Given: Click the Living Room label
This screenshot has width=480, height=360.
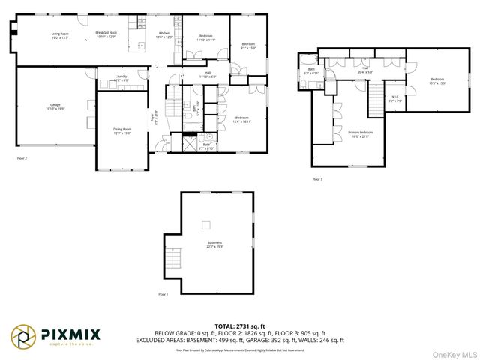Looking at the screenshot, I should click(x=60, y=35).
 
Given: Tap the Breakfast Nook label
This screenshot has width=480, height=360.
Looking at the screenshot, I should click(x=106, y=34).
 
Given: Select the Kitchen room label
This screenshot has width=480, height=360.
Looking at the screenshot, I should click(x=164, y=35).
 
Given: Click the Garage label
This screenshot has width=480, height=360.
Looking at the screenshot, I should click(x=55, y=106).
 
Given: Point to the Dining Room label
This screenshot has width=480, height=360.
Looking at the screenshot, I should click(x=122, y=130).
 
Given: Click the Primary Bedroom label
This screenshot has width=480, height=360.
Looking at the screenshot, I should click(x=361, y=133).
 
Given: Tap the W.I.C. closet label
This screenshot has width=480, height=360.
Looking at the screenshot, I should click(x=395, y=98).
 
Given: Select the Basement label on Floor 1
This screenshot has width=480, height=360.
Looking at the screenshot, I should click(x=215, y=244).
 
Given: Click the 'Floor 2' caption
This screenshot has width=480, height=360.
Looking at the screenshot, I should click(x=22, y=159).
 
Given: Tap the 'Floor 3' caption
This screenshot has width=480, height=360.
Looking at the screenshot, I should click(x=317, y=179).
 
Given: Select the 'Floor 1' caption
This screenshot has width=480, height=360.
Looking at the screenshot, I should click(x=163, y=295).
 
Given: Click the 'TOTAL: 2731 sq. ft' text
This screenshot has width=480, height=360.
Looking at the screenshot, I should click(x=239, y=325).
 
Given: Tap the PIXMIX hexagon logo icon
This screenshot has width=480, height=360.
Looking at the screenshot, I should click(x=22, y=335).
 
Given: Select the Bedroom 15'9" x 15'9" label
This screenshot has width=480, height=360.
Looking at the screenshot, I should click(x=437, y=81).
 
